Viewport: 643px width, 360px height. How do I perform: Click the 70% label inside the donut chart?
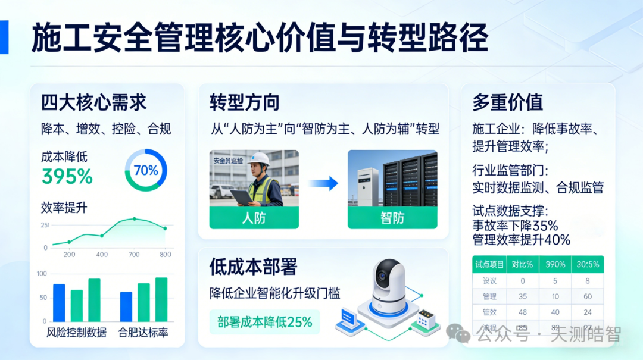point(146,171)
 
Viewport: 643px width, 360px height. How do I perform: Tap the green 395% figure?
point(67,177)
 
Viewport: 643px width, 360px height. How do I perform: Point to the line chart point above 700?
point(134,219)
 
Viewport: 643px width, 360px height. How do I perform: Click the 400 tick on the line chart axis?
point(102,255)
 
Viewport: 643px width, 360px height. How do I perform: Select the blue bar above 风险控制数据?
point(59,302)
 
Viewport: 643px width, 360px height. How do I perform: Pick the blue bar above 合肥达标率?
point(126,306)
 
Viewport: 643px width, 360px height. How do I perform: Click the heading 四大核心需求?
point(93,102)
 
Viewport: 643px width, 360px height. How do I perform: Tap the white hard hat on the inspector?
point(260,159)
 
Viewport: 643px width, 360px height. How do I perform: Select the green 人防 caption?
point(254,218)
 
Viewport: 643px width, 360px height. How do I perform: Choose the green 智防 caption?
point(392,218)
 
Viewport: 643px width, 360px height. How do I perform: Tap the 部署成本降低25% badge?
point(265,322)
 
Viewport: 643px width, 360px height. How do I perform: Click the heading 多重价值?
point(507,102)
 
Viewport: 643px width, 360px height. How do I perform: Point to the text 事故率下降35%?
point(515,226)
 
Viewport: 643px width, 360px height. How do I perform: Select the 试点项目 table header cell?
point(489,264)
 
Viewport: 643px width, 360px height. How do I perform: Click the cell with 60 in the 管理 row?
point(587,296)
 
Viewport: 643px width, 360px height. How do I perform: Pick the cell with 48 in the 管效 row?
point(523,312)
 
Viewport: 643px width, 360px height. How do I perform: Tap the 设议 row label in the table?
point(489,281)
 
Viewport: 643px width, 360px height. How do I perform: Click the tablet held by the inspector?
point(241,196)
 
